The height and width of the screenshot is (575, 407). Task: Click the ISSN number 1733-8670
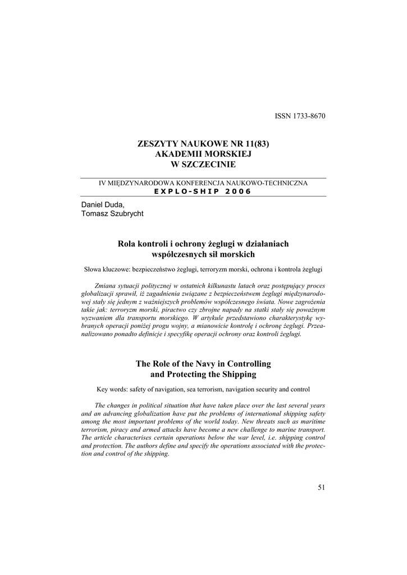(x=308, y=116)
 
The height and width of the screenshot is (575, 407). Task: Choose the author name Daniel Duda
(x=100, y=204)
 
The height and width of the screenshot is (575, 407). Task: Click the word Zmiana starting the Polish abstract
(x=106, y=285)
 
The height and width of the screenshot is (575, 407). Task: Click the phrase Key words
(x=112, y=389)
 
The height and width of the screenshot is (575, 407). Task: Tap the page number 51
(x=321, y=487)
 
